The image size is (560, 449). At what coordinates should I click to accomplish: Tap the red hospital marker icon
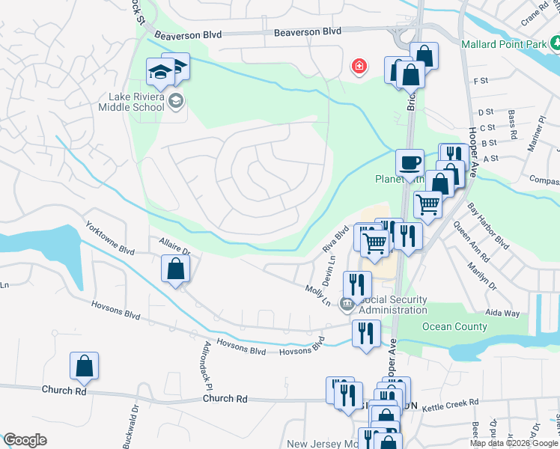[x=359, y=67]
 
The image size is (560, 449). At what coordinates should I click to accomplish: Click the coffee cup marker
[x=410, y=162]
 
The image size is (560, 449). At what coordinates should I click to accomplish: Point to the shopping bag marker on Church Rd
[x=85, y=366]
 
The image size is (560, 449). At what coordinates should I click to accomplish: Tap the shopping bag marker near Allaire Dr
[x=174, y=268]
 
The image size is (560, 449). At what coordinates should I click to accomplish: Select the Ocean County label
[x=454, y=326]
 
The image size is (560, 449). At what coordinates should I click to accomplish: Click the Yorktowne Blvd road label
[x=113, y=238]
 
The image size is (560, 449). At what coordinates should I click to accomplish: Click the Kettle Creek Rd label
[x=450, y=404]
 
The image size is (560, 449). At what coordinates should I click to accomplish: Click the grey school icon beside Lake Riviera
[x=176, y=101]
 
